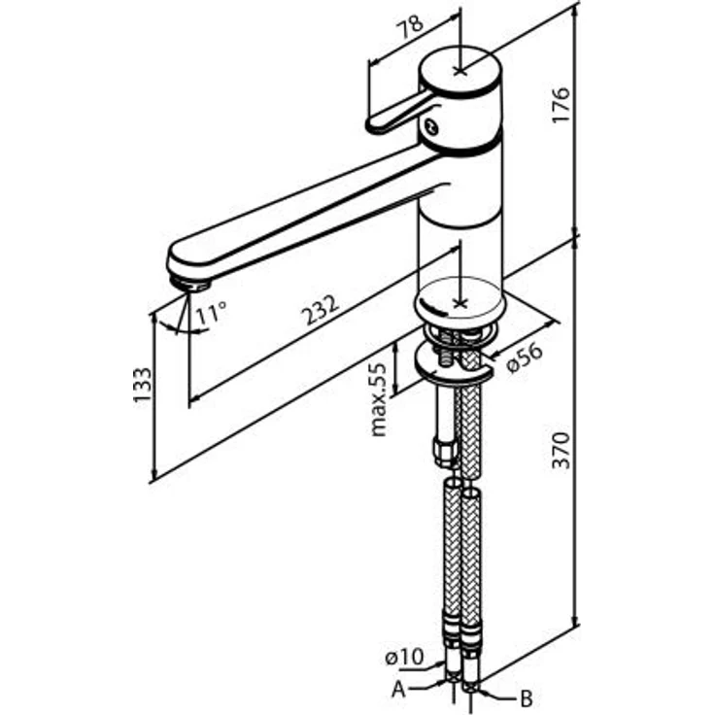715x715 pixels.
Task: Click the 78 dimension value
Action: [411, 27]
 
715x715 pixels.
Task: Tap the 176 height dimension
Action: [561, 104]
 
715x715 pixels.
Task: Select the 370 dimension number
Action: [561, 450]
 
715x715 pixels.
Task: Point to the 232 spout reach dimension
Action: [321, 310]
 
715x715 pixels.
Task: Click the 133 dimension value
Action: [142, 384]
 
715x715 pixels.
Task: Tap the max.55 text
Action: [379, 399]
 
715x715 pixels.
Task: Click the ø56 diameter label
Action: [526, 358]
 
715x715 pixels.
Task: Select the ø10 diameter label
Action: [404, 658]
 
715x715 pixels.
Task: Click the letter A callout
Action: [398, 690]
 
